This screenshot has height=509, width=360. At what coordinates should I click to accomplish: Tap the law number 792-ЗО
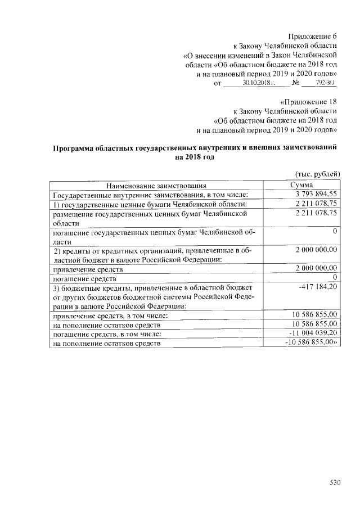325,83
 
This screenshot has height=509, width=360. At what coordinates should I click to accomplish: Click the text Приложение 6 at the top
312,36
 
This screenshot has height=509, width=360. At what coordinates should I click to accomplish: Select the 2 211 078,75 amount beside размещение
316,213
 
